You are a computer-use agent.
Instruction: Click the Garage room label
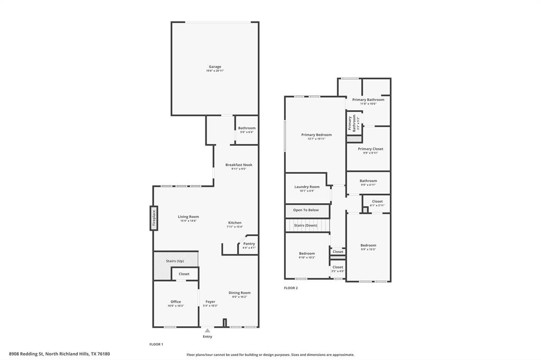point(214,67)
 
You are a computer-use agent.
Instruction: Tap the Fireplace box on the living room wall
point(154,218)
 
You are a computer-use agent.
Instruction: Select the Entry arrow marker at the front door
point(207,331)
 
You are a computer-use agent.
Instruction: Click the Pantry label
point(249,243)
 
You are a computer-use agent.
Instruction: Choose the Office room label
point(175,301)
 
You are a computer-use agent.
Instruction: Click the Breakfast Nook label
point(239,165)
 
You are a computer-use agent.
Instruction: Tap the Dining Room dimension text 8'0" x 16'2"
point(239,297)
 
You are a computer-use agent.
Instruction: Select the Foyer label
point(210,301)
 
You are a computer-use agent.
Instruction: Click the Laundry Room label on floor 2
point(307,187)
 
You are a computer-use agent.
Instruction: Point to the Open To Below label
point(306,210)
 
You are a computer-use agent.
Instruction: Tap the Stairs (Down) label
point(306,225)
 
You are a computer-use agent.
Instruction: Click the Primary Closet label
point(370,149)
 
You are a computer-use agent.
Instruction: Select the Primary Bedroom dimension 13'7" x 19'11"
point(316,139)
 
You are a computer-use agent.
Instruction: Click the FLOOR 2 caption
point(291,288)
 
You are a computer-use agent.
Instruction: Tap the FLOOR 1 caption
point(156,344)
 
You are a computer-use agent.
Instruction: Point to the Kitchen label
point(235,223)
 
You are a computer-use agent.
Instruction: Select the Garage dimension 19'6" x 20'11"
point(214,71)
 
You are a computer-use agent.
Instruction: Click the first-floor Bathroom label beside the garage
point(246,128)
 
